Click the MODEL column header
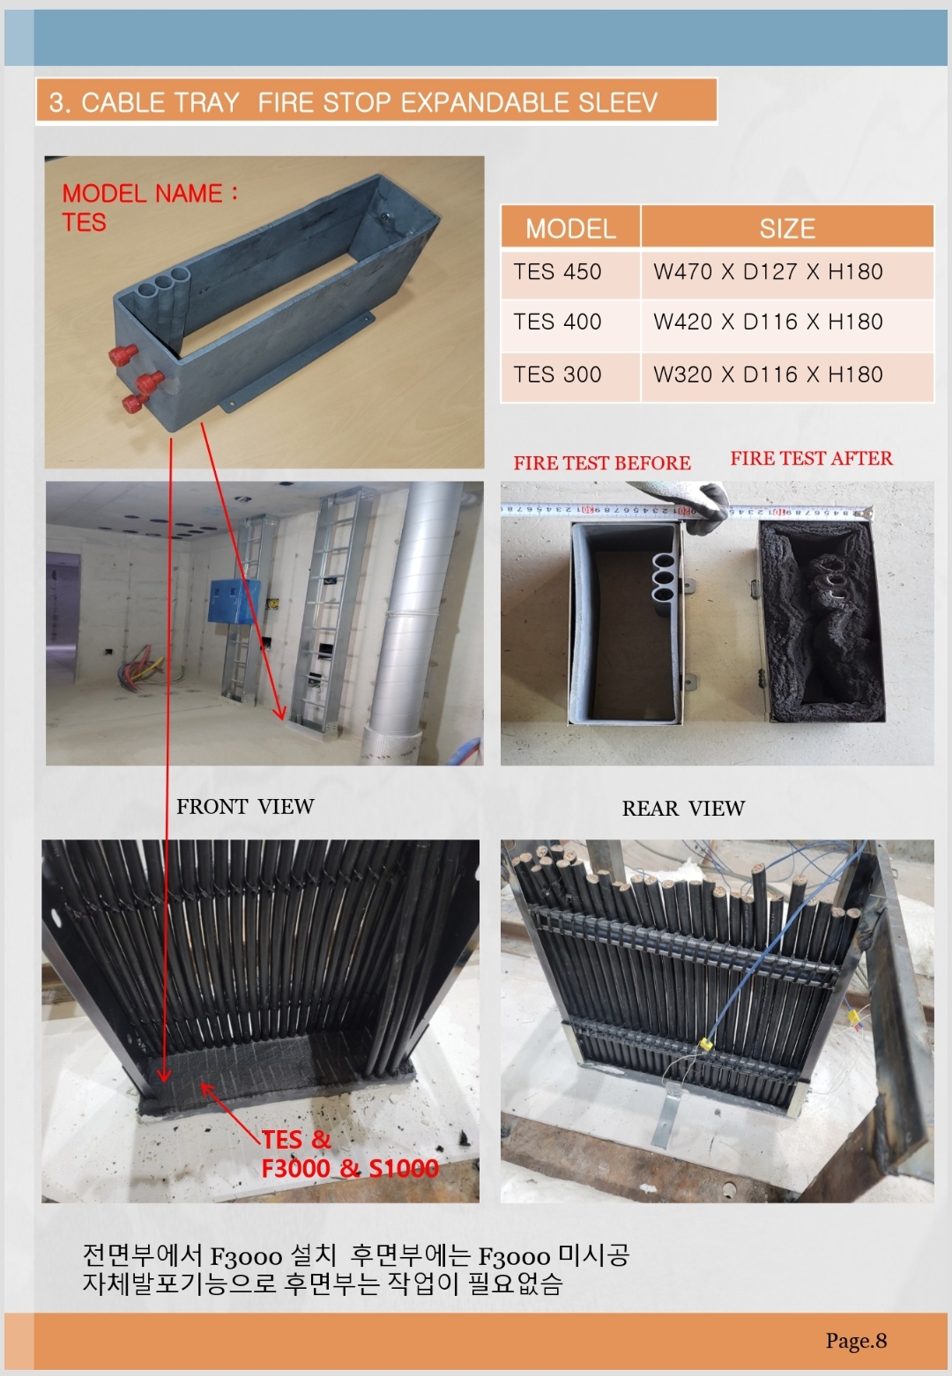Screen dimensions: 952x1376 tap(570, 228)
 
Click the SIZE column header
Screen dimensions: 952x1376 tap(787, 228)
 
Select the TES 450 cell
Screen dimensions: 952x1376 tap(570, 273)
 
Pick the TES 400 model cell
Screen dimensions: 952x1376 tap(570, 323)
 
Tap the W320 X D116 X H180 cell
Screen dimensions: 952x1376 tap(787, 376)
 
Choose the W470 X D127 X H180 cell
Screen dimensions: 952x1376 tap(787, 273)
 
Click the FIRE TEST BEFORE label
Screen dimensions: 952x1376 tap(602, 463)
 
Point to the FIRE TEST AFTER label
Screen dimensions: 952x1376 tap(811, 458)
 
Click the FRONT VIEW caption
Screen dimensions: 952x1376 tap(245, 807)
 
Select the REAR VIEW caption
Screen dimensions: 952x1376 tap(683, 809)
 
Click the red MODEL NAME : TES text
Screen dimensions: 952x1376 tap(149, 208)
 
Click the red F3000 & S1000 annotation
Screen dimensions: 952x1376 tap(350, 1168)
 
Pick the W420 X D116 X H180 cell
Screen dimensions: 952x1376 tap(787, 323)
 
